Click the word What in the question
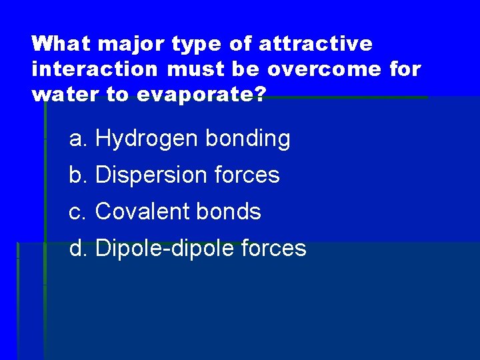coord(63,44)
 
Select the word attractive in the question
coord(315,44)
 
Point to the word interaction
coord(94,69)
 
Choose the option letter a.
coord(78,139)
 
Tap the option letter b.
coord(78,176)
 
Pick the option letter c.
coord(78,212)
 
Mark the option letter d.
coord(78,249)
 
